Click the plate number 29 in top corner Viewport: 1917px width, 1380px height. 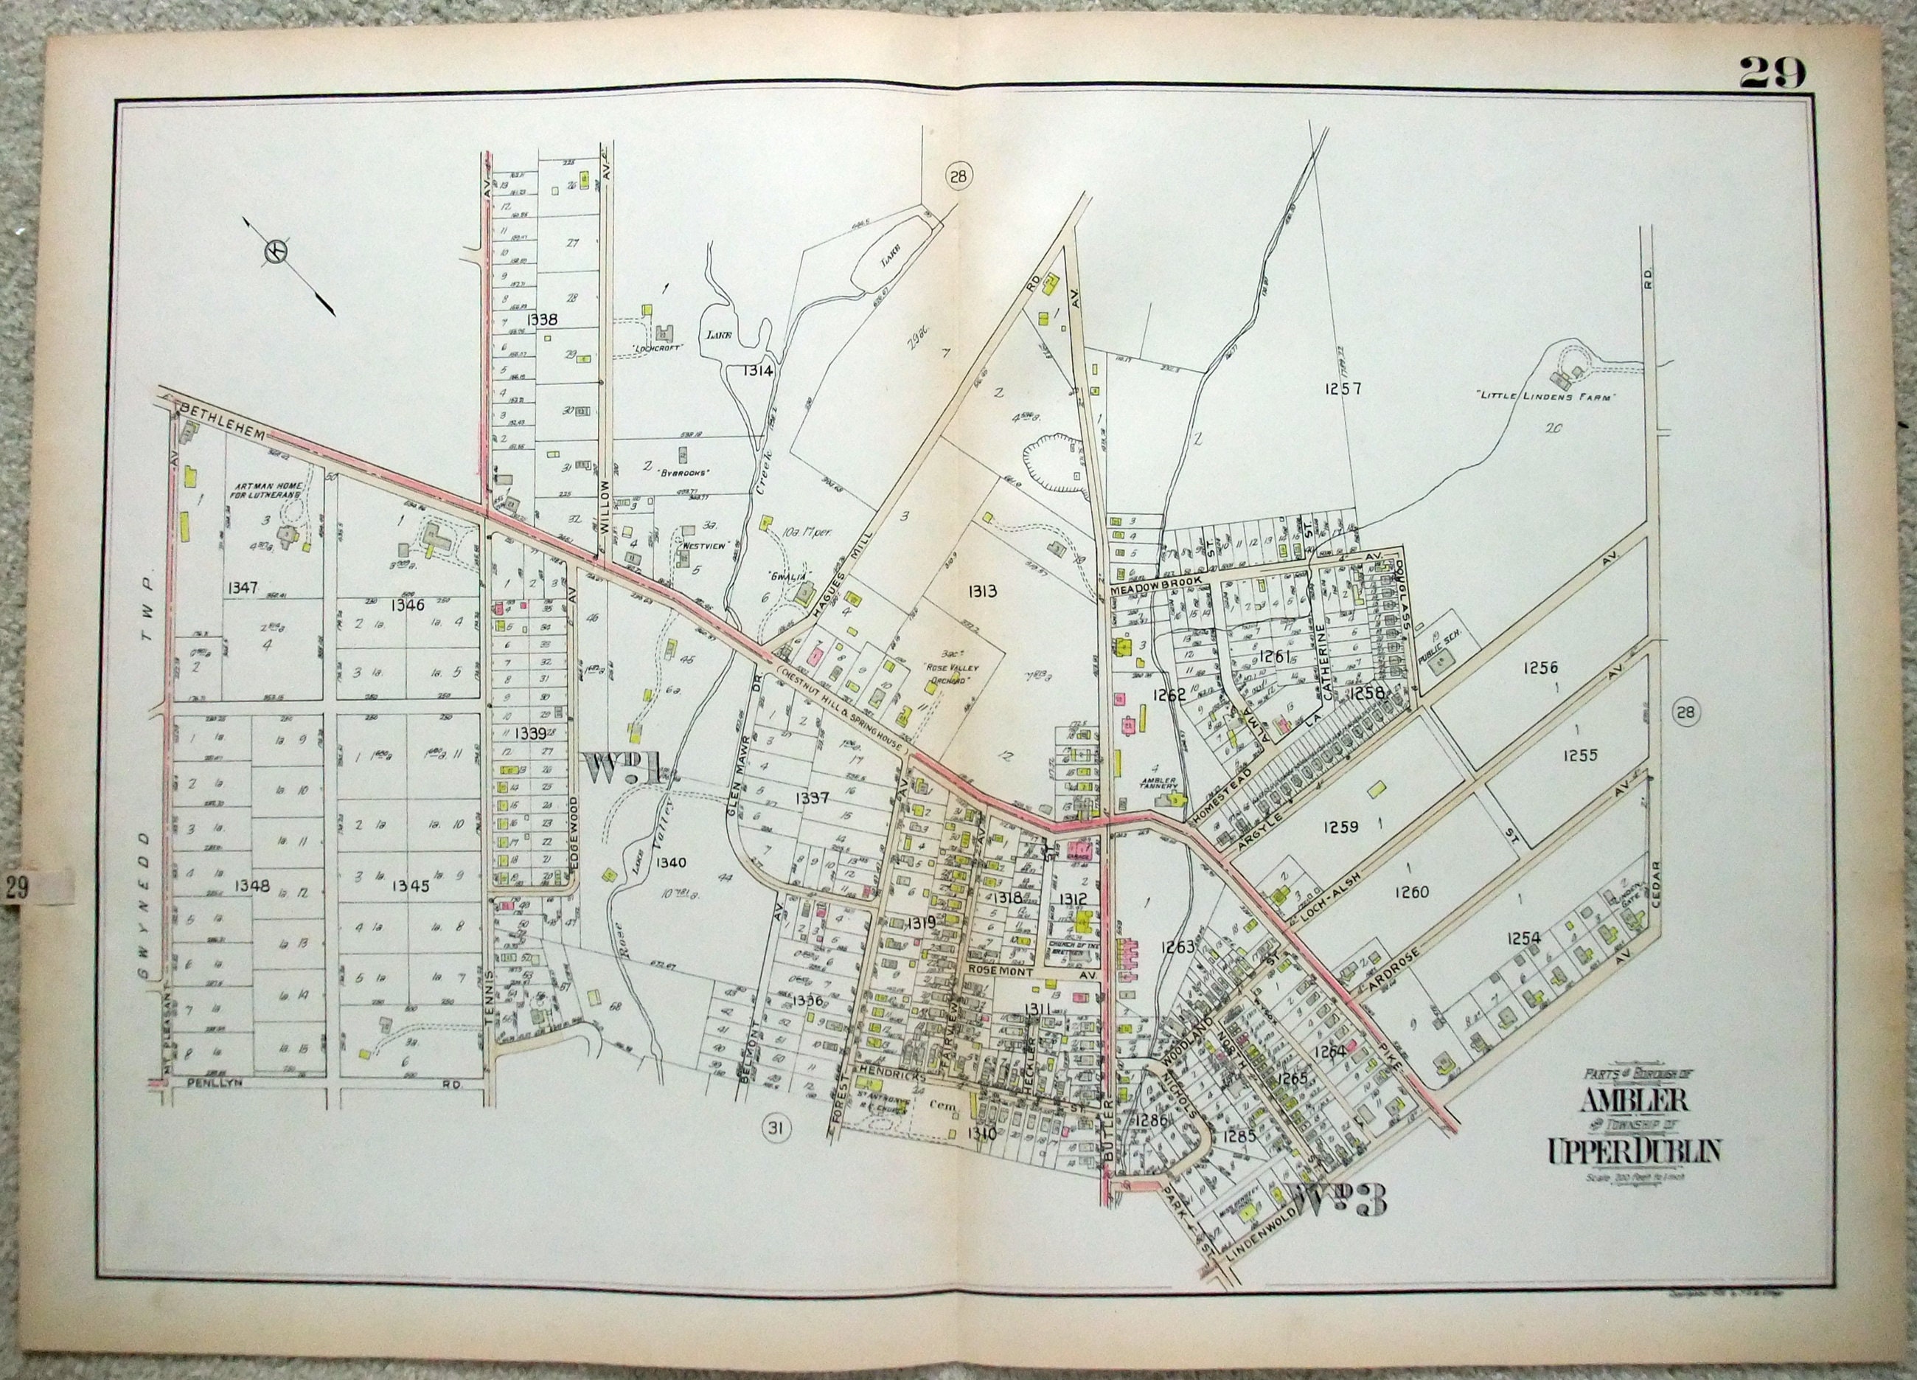(1772, 74)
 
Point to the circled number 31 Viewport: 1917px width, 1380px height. (775, 1126)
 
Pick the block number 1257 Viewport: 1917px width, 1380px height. (1343, 389)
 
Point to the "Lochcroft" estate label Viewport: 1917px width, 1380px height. (657, 347)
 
